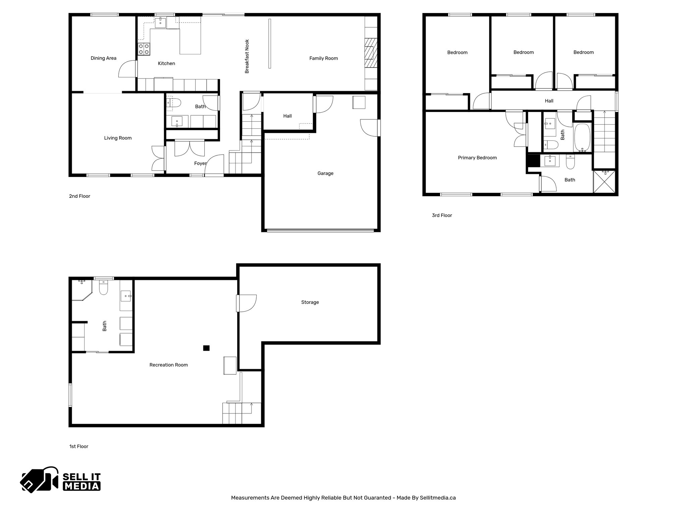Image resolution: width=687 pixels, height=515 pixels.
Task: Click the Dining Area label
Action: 103,58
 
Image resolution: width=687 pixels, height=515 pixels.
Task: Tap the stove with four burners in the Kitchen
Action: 144,49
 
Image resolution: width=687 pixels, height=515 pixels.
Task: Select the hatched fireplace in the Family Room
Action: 371,53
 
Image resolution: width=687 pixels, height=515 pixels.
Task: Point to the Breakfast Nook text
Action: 247,56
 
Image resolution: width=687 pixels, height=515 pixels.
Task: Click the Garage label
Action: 325,173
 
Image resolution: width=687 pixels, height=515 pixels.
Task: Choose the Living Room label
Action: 118,138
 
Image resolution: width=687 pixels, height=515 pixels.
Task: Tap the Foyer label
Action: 200,164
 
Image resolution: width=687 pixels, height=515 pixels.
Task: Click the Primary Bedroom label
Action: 477,158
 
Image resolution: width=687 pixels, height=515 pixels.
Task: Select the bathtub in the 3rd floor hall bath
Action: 582,138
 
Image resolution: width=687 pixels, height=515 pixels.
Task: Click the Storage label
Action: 310,302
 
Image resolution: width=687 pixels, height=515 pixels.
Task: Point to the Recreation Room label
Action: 168,365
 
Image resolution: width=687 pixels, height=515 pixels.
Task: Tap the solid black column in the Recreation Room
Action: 206,348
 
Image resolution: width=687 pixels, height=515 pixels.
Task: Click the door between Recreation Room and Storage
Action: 246,303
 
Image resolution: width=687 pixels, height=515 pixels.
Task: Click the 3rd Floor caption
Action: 442,216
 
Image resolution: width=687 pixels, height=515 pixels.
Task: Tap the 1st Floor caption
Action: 78,447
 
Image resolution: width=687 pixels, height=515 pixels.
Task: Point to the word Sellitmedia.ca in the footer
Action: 437,498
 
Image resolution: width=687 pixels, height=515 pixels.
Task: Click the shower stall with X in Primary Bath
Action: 605,181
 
